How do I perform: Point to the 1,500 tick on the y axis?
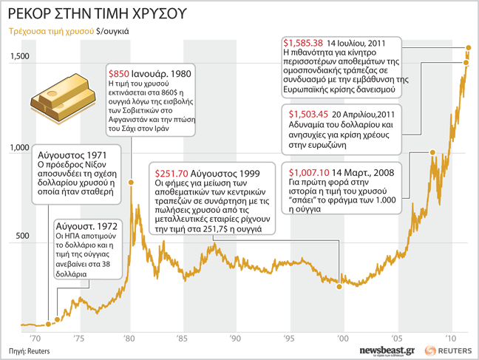coord(20,57)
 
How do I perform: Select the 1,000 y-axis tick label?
coord(20,148)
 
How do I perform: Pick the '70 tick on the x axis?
coord(35,338)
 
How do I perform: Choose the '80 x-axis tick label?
coord(129,338)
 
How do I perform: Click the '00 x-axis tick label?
coord(342,338)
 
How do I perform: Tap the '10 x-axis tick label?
coord(448,338)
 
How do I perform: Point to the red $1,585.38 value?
coord(304,42)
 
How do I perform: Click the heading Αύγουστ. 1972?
coord(84,223)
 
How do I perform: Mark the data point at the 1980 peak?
coord(132,181)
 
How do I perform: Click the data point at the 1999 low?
coord(339,279)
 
